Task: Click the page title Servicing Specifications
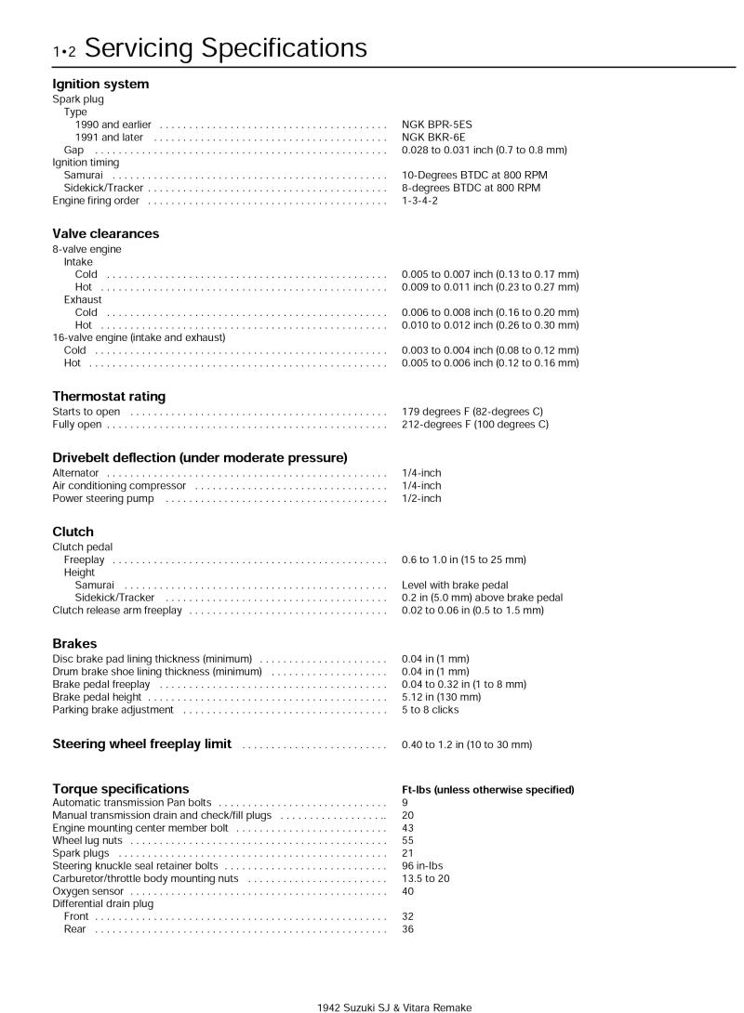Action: coord(232,47)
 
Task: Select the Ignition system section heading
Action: coord(100,85)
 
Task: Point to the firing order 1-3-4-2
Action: coord(419,201)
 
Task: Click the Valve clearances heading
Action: coord(105,234)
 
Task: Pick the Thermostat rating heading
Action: coord(108,396)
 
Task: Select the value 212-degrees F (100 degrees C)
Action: coord(474,425)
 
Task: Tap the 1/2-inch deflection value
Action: coord(421,498)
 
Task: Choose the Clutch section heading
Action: coord(73,533)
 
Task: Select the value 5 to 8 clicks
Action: coord(430,710)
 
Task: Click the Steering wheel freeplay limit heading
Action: coord(141,744)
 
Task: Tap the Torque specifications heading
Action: coord(120,789)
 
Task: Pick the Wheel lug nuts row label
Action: coord(86,840)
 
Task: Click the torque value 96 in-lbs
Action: coord(422,866)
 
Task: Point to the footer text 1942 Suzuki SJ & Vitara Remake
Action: coord(394,1006)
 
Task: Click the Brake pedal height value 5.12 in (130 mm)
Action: coord(441,697)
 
